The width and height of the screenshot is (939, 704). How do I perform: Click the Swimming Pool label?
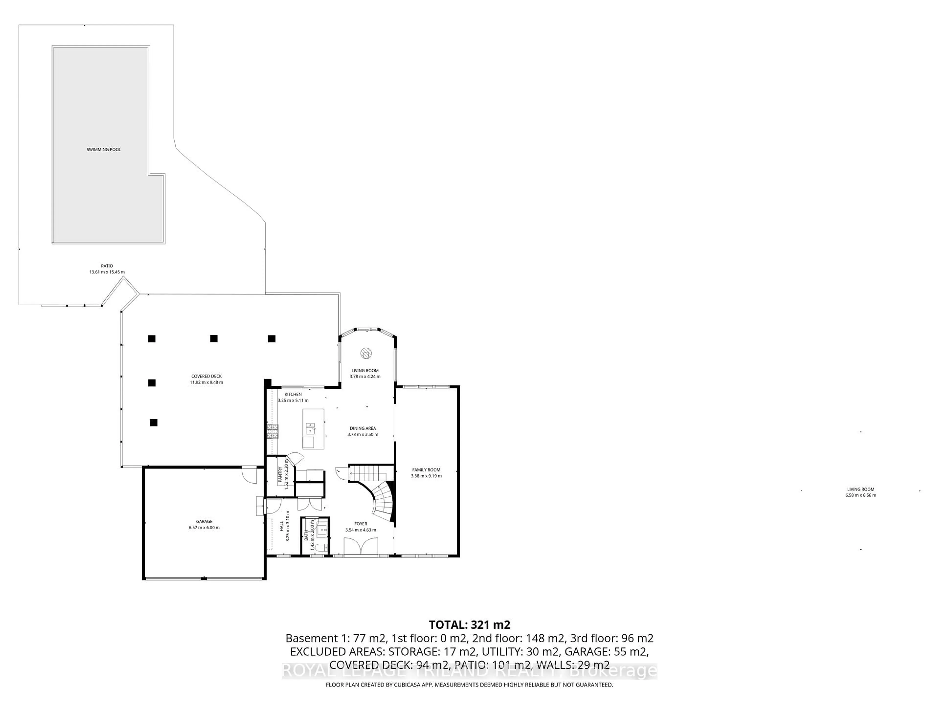pyautogui.click(x=104, y=149)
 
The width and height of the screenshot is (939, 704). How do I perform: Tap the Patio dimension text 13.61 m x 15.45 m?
pyautogui.click(x=107, y=272)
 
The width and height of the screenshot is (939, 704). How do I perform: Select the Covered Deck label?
pyautogui.click(x=206, y=376)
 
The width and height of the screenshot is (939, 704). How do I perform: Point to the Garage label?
pyautogui.click(x=204, y=521)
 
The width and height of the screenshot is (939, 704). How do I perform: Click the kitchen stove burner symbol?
pyautogui.click(x=272, y=431)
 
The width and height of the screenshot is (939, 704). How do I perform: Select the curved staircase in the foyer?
pyautogui.click(x=382, y=503)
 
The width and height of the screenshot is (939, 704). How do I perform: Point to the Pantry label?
pyautogui.click(x=280, y=475)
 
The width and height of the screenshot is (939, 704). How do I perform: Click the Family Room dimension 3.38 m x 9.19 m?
pyautogui.click(x=426, y=476)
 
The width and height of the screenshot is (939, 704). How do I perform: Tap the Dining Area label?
pyautogui.click(x=363, y=428)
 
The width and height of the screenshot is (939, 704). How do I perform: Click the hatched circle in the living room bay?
pyautogui.click(x=366, y=353)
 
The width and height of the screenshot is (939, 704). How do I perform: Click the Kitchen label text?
pyautogui.click(x=293, y=394)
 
